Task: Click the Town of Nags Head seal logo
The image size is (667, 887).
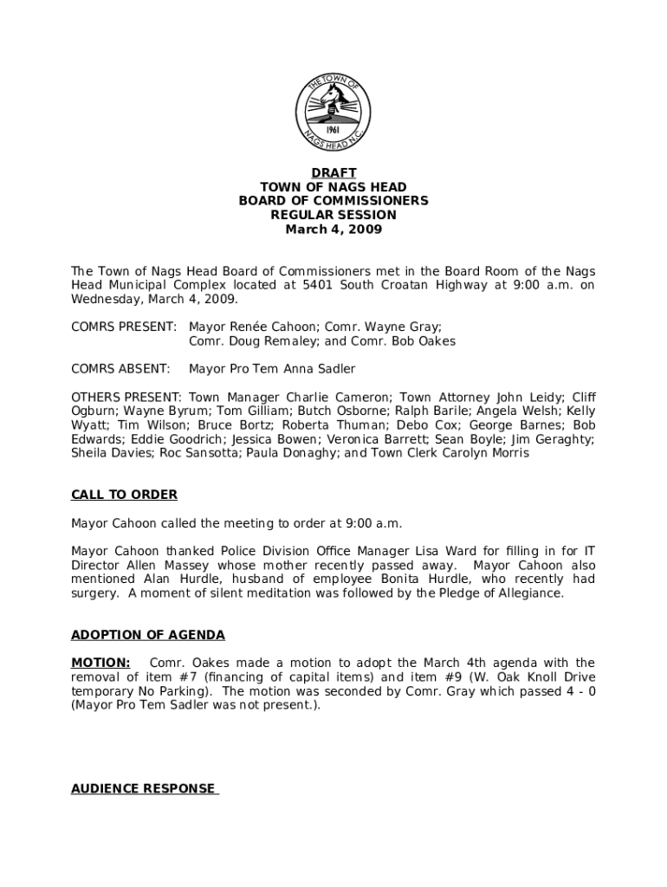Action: point(333,112)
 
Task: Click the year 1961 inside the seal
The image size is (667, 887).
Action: point(333,126)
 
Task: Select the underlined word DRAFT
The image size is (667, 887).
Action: point(333,173)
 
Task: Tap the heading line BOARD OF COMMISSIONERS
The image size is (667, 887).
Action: point(333,201)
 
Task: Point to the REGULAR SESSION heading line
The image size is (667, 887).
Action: point(333,215)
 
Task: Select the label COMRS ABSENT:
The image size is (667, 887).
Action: point(120,369)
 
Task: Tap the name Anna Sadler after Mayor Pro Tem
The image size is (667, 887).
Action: point(320,369)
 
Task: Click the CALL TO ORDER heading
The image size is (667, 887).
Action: point(124,495)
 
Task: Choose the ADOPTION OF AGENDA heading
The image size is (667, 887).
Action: point(147,635)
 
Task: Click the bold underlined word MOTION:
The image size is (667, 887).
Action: point(100,663)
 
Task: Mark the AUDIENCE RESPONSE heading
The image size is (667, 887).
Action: point(144,788)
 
